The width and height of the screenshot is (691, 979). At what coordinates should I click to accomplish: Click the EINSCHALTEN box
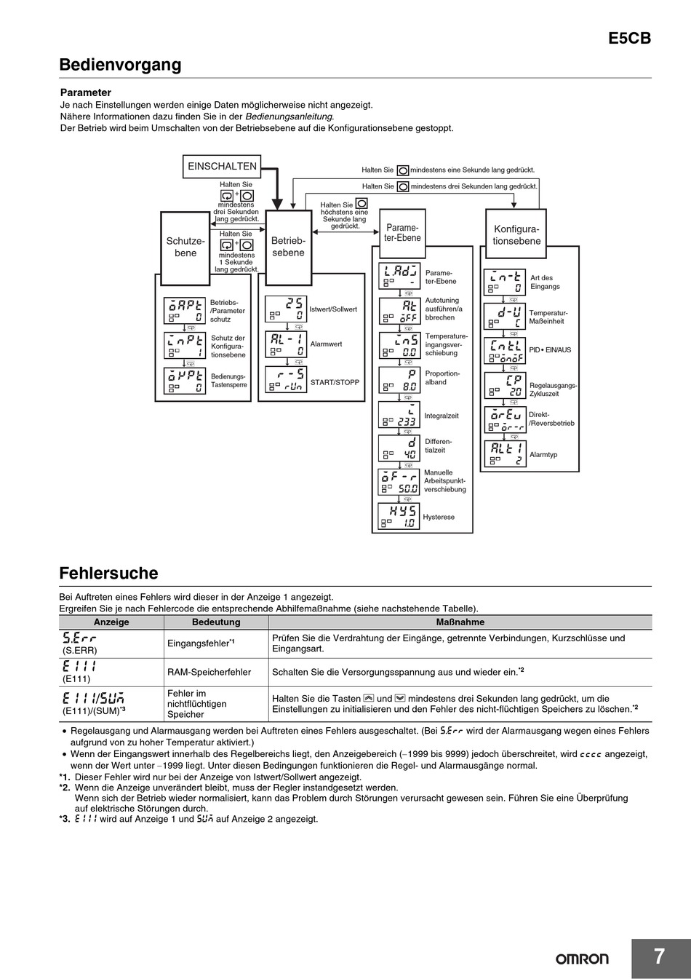coord(222,166)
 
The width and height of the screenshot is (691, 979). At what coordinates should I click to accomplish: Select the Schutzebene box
coord(185,247)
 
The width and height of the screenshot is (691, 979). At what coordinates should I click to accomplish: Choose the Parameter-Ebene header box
coord(402,232)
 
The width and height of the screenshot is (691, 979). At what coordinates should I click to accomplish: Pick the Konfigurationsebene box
coord(516,234)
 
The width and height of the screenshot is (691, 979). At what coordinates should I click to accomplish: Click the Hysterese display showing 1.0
coord(399,517)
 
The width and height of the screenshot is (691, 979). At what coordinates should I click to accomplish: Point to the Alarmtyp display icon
coord(504,454)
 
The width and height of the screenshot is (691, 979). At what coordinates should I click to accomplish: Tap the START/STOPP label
coord(335,382)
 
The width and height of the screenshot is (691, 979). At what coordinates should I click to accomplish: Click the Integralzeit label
coord(442,416)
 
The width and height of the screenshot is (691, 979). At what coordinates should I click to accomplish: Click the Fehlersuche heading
coord(108,573)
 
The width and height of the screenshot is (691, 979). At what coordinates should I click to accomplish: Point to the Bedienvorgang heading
coord(120,65)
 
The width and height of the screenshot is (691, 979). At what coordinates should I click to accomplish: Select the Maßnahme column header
coord(460,622)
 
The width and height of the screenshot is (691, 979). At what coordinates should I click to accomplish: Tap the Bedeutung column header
coord(216,622)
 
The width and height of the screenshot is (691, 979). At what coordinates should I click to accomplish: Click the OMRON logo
coord(582,959)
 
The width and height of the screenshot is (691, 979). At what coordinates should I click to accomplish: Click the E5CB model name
coord(629,39)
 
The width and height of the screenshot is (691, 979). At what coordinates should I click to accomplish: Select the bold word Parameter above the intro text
coord(85,92)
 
